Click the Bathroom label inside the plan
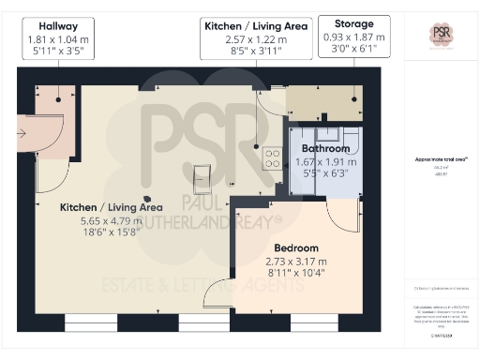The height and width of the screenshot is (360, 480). click(x=325, y=149)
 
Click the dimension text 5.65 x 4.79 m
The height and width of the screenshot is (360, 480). click(x=112, y=221)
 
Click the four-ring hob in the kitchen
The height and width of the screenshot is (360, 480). click(x=274, y=158)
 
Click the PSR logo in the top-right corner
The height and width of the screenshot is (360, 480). click(x=440, y=35)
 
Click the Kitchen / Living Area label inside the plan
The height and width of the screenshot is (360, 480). click(x=112, y=207)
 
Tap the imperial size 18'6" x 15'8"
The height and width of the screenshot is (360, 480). click(x=112, y=234)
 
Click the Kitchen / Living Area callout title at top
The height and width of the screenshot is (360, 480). click(x=254, y=28)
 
